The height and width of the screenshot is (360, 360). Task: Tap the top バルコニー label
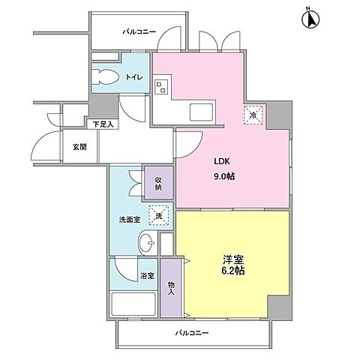[139, 32]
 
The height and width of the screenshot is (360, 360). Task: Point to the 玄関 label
[79, 147]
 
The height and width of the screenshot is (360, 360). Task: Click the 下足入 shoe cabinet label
[102, 124]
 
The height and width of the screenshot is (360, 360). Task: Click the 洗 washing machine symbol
[158, 216]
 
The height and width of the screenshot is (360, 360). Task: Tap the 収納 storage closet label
[159, 183]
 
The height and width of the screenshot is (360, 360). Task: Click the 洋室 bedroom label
[231, 261]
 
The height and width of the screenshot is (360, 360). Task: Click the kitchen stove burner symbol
[161, 87]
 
